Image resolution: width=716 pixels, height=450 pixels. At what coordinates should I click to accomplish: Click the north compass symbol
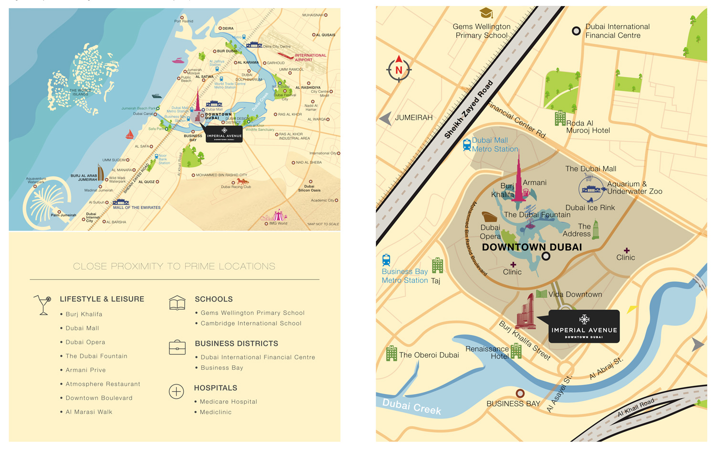click(x=399, y=70)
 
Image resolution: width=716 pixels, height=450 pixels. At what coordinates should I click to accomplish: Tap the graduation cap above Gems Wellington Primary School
click(x=486, y=13)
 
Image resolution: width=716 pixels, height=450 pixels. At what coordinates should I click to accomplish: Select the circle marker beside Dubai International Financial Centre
click(x=576, y=31)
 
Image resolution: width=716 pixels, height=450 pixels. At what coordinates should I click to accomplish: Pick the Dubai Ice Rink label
click(x=590, y=208)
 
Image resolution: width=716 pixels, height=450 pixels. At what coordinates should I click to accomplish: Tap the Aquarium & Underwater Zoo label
click(x=634, y=188)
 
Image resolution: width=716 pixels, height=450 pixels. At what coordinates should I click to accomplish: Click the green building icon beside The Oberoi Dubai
click(x=391, y=354)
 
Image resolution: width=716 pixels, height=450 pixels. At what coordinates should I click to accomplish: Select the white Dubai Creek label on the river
click(x=411, y=407)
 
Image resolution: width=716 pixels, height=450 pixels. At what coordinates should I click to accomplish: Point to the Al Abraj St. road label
click(x=606, y=368)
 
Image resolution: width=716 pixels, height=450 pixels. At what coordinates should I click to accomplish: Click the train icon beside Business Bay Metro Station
click(x=386, y=260)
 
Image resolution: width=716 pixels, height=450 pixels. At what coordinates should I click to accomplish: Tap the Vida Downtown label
click(x=575, y=294)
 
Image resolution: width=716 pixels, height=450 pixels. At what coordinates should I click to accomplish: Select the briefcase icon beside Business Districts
click(x=177, y=347)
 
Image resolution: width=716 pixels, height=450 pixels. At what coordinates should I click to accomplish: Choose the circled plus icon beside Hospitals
click(x=176, y=392)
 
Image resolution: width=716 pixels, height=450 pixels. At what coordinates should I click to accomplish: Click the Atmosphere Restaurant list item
click(x=103, y=384)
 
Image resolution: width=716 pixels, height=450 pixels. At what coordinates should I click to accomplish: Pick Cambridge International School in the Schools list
click(x=251, y=323)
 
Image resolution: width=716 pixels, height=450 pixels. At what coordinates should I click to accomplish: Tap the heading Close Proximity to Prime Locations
click(x=174, y=267)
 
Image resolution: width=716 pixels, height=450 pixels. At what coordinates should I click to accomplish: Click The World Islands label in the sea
click(x=80, y=92)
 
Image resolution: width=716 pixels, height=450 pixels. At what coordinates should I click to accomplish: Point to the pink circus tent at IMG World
click(x=278, y=215)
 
